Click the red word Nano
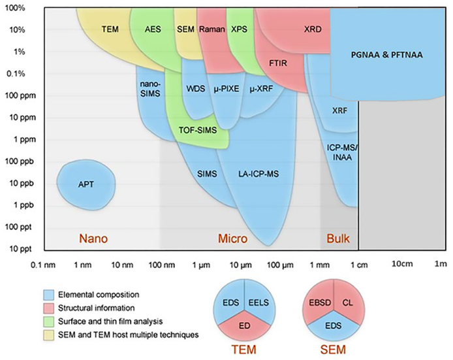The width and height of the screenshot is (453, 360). (93, 239)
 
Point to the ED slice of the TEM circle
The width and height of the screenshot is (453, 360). (243, 327)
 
